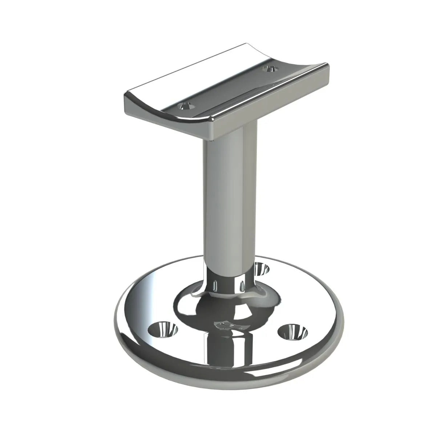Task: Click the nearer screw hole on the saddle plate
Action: point(186,106)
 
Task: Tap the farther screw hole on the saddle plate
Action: point(270,68)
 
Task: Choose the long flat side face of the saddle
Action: point(269,102)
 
